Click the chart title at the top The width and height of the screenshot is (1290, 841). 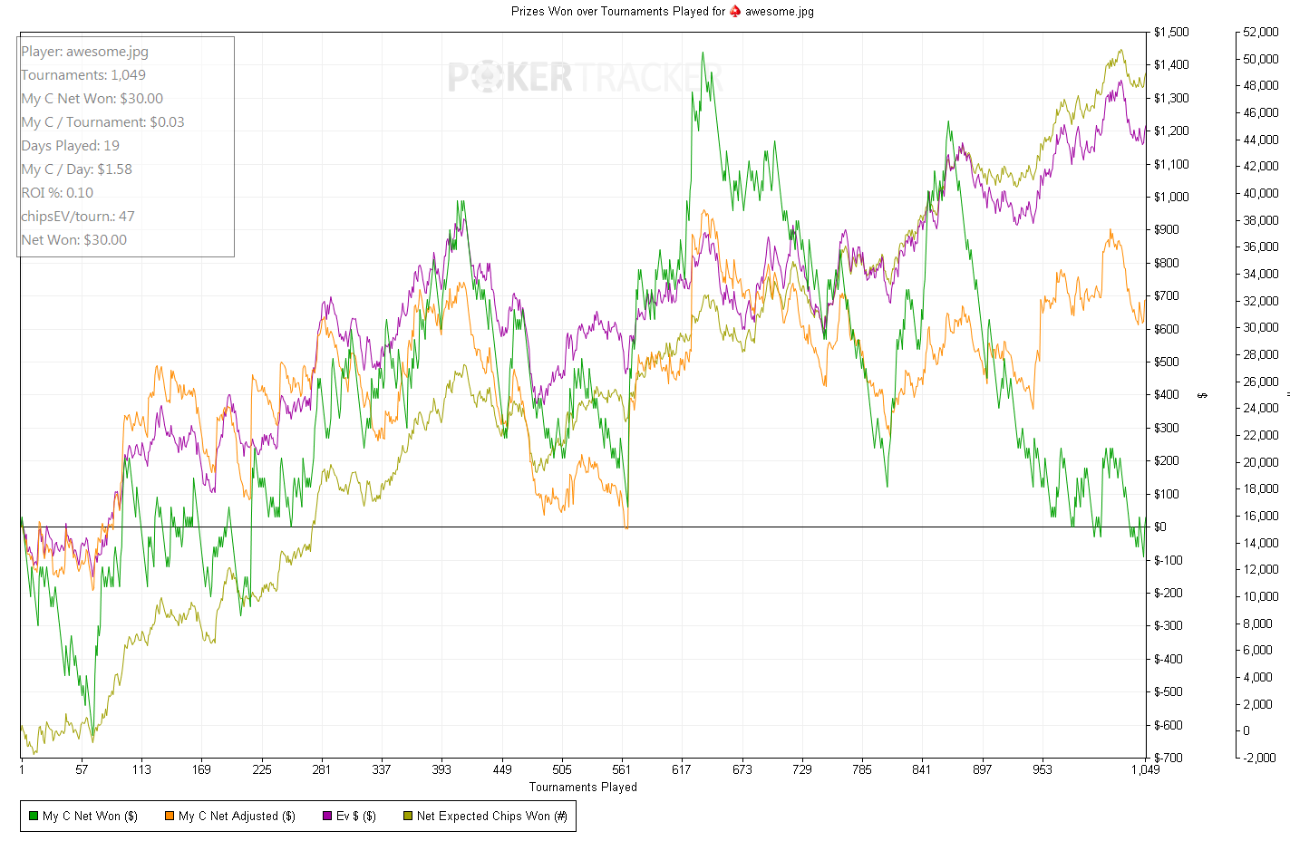pyautogui.click(x=662, y=12)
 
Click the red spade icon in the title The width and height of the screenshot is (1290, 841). pyautogui.click(x=735, y=12)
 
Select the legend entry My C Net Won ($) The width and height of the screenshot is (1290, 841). pyautogui.click(x=83, y=817)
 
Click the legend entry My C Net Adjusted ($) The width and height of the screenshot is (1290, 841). pyautogui.click(x=230, y=817)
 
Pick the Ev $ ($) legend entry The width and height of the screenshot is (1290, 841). pyautogui.click(x=349, y=817)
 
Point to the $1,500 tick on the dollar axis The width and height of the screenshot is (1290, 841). pyautogui.click(x=1171, y=33)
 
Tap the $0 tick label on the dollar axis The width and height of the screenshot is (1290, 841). pyautogui.click(x=1160, y=527)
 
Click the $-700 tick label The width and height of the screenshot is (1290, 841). pyautogui.click(x=1168, y=758)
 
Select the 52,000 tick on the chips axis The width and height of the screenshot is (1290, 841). pyautogui.click(x=1260, y=33)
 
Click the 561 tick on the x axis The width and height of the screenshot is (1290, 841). pyautogui.click(x=622, y=769)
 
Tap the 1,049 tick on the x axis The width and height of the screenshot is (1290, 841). pyautogui.click(x=1145, y=769)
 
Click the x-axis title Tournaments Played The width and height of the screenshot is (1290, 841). pyautogui.click(x=583, y=788)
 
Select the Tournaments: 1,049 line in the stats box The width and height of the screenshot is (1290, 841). pyautogui.click(x=83, y=75)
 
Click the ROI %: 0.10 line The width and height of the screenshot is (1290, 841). pyautogui.click(x=57, y=193)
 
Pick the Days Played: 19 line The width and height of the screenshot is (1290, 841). pyautogui.click(x=71, y=146)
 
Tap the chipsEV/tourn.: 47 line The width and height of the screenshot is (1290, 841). pyautogui.click(x=78, y=217)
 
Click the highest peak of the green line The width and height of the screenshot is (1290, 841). pyautogui.click(x=703, y=53)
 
